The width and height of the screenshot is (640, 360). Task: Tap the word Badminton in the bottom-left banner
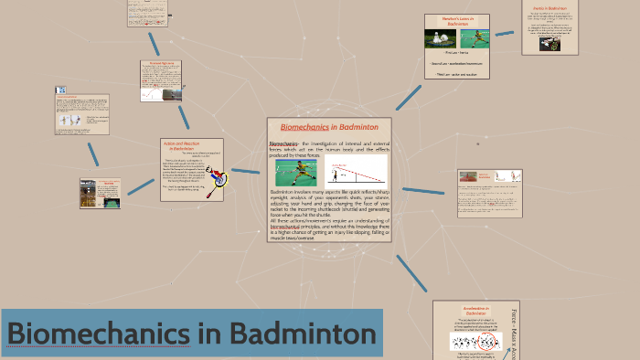[303, 334]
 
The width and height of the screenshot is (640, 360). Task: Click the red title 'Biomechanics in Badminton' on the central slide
[328, 127]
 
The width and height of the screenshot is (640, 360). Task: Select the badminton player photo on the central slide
[290, 172]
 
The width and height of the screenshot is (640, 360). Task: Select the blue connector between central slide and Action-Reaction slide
[246, 171]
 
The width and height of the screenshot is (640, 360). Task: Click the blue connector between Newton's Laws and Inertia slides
[505, 33]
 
